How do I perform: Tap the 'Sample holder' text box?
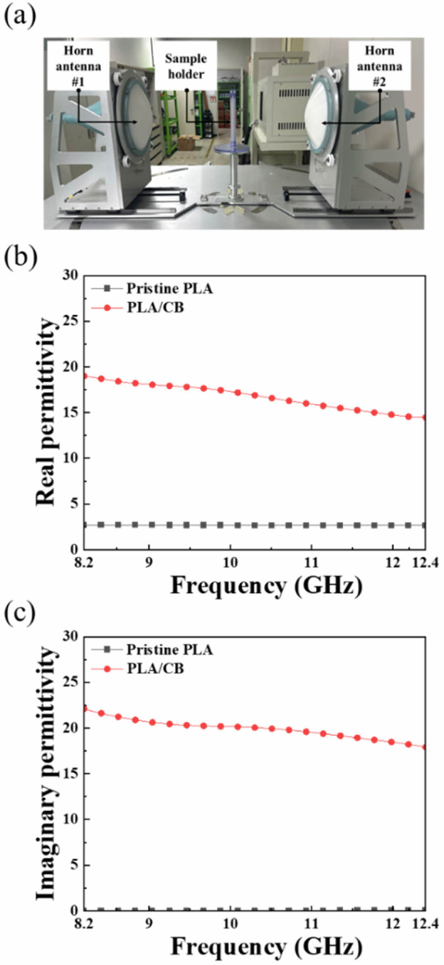[186, 66]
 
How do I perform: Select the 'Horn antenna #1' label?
[78, 66]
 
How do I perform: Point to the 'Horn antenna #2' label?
[379, 66]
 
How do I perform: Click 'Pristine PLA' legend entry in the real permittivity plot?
[169, 289]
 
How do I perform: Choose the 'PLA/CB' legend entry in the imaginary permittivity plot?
[156, 669]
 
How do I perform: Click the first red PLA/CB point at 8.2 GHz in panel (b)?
[84, 376]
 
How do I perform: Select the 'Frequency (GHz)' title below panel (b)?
[266, 585]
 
